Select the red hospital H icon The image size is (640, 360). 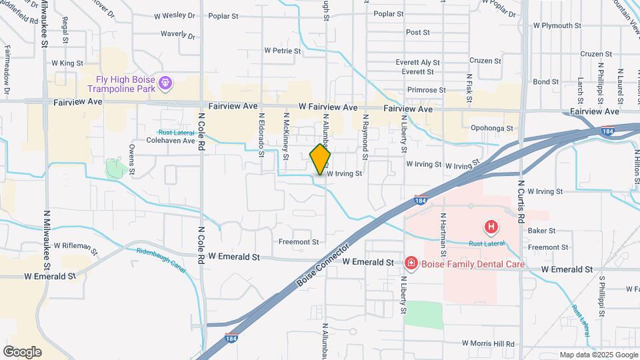pos(491,227)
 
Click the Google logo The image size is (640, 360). pos(22,352)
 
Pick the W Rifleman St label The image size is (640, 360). pos(75,248)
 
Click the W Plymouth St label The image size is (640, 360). pos(562,26)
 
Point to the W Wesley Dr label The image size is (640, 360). pos(175,15)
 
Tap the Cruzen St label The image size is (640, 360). pos(596,54)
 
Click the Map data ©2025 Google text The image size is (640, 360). pos(597,355)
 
